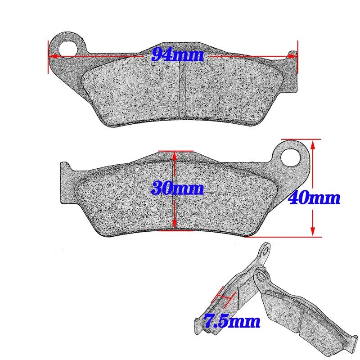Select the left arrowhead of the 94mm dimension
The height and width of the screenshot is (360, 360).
coord(52,57)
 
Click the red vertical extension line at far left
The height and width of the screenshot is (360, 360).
coord(47,56)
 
